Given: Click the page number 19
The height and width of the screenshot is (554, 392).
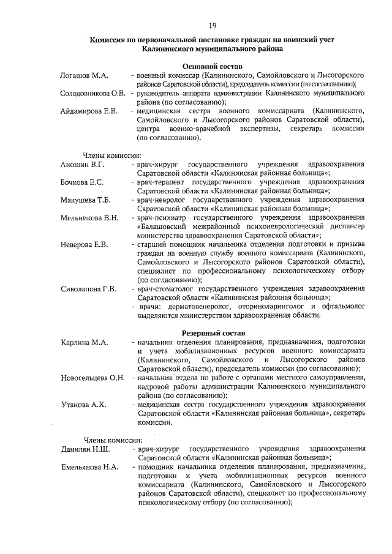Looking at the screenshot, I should [213, 25].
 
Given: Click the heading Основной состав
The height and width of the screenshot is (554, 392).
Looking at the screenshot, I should [213, 66].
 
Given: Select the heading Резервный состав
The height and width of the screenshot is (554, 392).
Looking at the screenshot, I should [213, 331].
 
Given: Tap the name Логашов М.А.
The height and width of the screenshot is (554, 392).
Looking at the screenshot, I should [85, 75].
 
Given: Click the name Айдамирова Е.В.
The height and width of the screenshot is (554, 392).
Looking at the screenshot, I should [89, 111].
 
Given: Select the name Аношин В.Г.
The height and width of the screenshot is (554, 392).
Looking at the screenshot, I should [83, 165].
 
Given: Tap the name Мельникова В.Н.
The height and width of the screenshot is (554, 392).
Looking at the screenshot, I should [89, 218].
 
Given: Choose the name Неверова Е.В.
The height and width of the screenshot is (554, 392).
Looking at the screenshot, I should [84, 245].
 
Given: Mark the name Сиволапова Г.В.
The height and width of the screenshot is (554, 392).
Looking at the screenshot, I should [88, 289].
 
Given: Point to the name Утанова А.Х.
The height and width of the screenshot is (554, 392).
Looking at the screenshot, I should [83, 404].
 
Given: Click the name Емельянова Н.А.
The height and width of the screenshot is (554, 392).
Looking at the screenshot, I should [89, 467].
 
